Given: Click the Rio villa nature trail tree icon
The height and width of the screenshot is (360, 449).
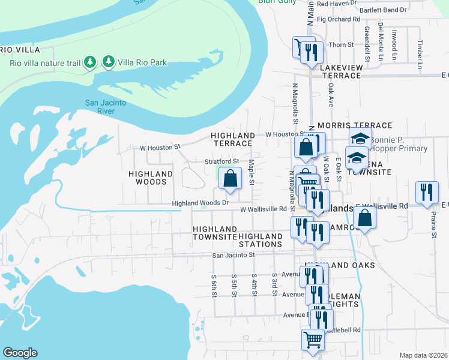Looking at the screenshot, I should point(90,62).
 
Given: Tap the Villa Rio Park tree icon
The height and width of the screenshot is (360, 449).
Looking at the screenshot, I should point(109,61).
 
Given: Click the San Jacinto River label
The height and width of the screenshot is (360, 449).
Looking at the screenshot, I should point(105,107).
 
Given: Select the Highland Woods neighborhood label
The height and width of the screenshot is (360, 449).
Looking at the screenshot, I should point(151,178).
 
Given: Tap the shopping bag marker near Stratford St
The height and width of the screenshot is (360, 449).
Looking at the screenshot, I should point(230,179).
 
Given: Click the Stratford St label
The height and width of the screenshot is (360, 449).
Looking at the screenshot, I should point(222,161).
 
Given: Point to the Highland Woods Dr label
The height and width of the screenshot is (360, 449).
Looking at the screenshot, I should point(200,203).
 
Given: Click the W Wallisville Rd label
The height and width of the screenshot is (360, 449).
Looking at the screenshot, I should point(264,209).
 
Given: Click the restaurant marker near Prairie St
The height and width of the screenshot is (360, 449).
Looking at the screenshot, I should point(427,193).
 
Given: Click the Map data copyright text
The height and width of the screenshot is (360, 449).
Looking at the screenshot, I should point(424,355).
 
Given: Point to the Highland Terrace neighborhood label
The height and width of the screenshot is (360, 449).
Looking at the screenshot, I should point(233,140).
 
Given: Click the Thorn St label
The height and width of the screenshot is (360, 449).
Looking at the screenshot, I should point(342,45).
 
